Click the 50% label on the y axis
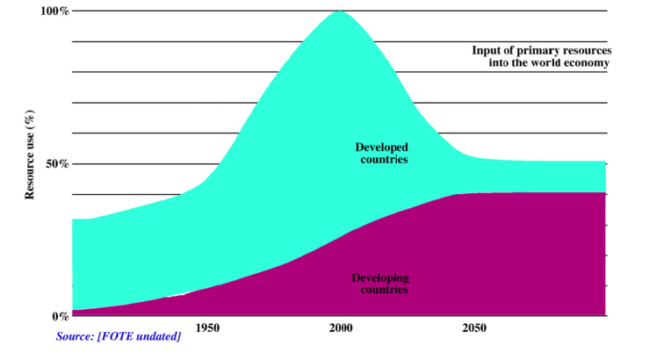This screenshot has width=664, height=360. pos(56,163)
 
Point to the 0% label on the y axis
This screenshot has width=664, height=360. pos(59,316)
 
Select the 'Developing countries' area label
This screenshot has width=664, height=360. pos(382,283)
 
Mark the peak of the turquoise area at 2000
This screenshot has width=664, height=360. pos(340,12)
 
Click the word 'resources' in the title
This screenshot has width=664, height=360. pos(585,50)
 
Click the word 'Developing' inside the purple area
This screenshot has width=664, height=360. pos(382,277)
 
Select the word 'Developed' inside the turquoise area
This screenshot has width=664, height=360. pos(382,147)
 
